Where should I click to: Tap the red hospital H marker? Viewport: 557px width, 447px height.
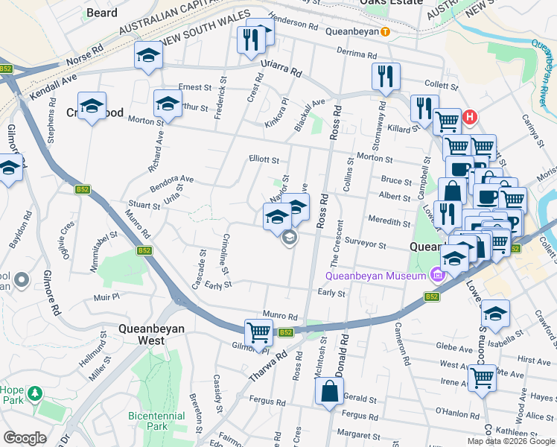click(x=470, y=117)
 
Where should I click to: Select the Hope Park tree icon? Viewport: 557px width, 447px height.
click(x=34, y=392)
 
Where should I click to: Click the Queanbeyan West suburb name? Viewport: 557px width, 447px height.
click(x=151, y=334)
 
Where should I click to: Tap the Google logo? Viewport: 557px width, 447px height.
click(x=25, y=438)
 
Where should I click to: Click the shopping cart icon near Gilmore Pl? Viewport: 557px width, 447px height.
click(x=258, y=332)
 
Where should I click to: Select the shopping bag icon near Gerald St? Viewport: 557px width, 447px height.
click(x=328, y=390)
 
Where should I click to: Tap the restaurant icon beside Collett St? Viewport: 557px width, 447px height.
click(x=386, y=76)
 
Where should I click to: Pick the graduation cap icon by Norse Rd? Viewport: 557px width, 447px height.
click(x=148, y=55)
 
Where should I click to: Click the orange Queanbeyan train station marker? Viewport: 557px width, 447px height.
click(x=385, y=31)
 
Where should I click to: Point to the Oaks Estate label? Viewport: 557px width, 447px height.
click(x=390, y=3)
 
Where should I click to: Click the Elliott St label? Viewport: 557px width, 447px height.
click(x=264, y=159)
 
